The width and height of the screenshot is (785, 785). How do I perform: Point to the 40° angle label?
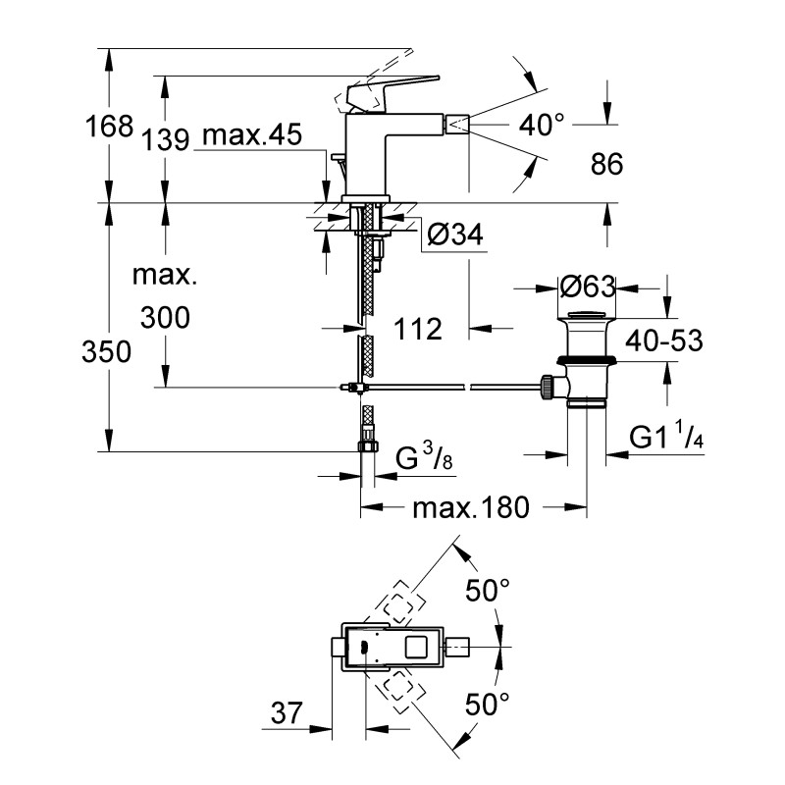(x=542, y=124)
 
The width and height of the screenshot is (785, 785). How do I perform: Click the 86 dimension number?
(x=606, y=164)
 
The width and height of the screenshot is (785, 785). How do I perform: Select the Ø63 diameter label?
(x=586, y=287)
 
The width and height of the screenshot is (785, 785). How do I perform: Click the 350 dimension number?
(x=107, y=351)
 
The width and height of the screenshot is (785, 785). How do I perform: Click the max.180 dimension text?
(x=471, y=507)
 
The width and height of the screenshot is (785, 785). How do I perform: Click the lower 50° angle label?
(x=488, y=703)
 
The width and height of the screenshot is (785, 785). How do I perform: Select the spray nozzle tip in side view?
(x=459, y=124)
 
